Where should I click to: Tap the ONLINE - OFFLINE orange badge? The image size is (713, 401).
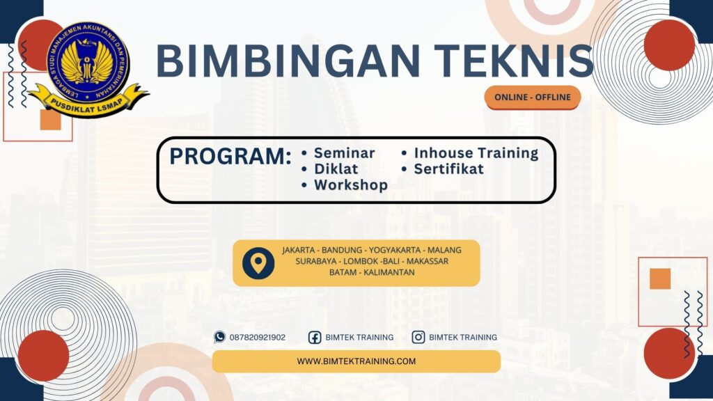point(533,97)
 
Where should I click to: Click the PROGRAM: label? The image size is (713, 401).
point(230,157)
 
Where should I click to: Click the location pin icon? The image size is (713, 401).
point(258,263)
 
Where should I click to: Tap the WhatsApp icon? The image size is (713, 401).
point(220,337)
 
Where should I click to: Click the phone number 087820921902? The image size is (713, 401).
point(258,337)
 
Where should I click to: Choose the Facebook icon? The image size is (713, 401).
point(315,337)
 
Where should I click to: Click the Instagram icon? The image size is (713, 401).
point(418,337)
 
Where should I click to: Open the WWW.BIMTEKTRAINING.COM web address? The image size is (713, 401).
point(356,361)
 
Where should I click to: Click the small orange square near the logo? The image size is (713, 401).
point(50,120)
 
